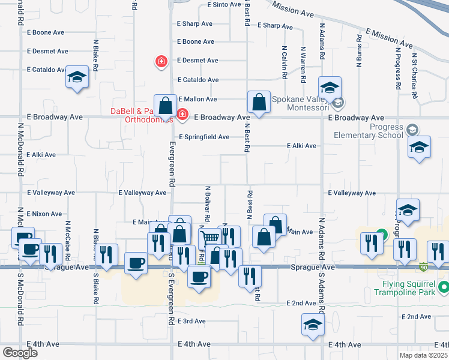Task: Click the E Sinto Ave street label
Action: click(223, 4)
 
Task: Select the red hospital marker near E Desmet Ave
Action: click(161, 61)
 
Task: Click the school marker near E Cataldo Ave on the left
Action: click(77, 77)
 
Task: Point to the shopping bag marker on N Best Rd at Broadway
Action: click(259, 103)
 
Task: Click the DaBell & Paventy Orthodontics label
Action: click(142, 115)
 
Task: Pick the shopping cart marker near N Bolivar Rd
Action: click(209, 238)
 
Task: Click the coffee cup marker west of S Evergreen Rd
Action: click(136, 263)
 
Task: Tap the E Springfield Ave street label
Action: click(203, 137)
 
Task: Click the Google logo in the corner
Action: click(20, 353)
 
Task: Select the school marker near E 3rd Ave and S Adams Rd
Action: click(312, 325)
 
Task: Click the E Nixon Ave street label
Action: click(44, 214)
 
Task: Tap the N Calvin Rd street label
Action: click(284, 65)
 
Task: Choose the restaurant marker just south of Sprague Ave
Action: click(250, 276)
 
